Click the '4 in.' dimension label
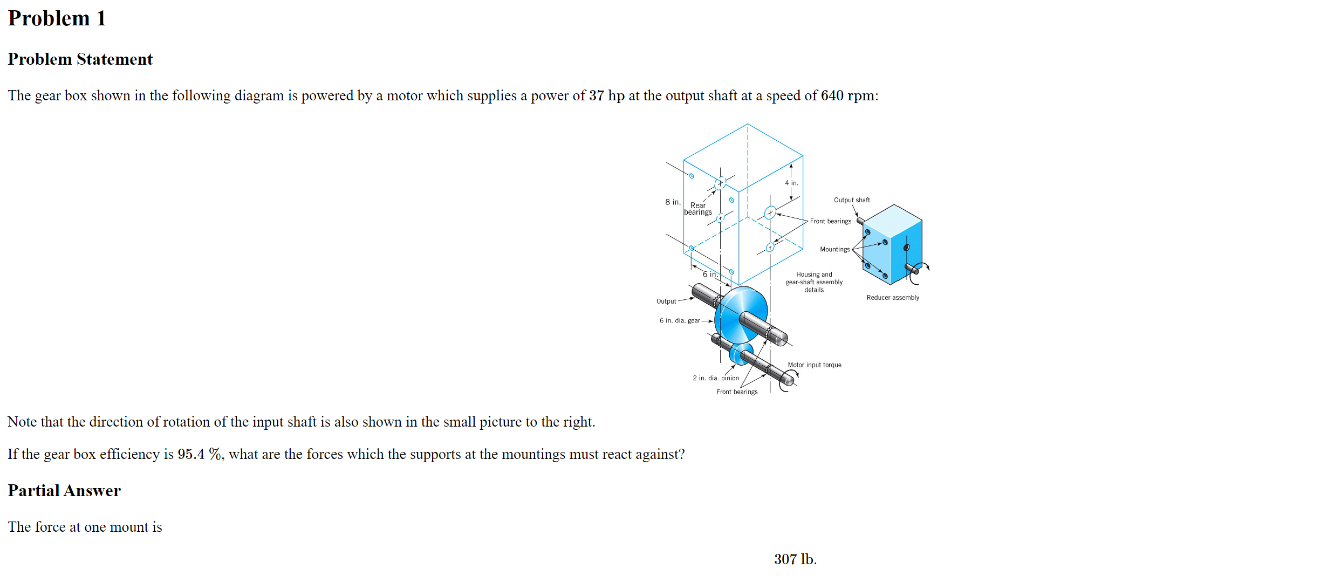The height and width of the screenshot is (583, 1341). click(791, 183)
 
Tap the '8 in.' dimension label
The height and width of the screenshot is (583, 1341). click(673, 202)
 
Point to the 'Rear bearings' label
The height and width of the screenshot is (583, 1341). click(698, 209)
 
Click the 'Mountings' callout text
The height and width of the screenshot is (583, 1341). click(834, 249)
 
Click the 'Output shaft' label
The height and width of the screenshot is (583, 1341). click(852, 200)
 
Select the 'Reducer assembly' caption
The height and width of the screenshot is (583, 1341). click(893, 298)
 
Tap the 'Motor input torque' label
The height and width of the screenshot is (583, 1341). click(815, 365)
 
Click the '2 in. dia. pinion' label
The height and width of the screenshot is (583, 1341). click(716, 378)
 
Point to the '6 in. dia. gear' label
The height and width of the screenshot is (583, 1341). click(679, 320)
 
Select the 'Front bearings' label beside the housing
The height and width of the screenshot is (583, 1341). click(830, 221)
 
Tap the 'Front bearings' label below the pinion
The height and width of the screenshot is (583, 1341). click(737, 392)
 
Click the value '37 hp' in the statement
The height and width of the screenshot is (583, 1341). click(606, 95)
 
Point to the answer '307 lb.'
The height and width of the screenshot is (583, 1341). click(795, 559)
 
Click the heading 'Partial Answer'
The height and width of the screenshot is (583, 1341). click(64, 490)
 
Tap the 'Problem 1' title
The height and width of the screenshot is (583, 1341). click(57, 18)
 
